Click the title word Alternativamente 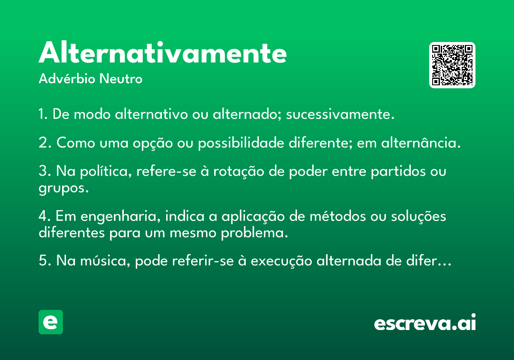[163, 52]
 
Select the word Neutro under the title [121, 79]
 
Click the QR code [452, 65]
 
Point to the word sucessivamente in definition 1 [340, 114]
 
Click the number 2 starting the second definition [43, 142]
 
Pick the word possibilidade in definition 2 [241, 143]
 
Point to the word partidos [398, 172]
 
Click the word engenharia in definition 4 [120, 217]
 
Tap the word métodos [338, 216]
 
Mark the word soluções [418, 217]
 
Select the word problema [254, 234]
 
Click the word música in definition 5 [105, 261]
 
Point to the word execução [281, 261]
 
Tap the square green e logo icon [51, 322]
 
